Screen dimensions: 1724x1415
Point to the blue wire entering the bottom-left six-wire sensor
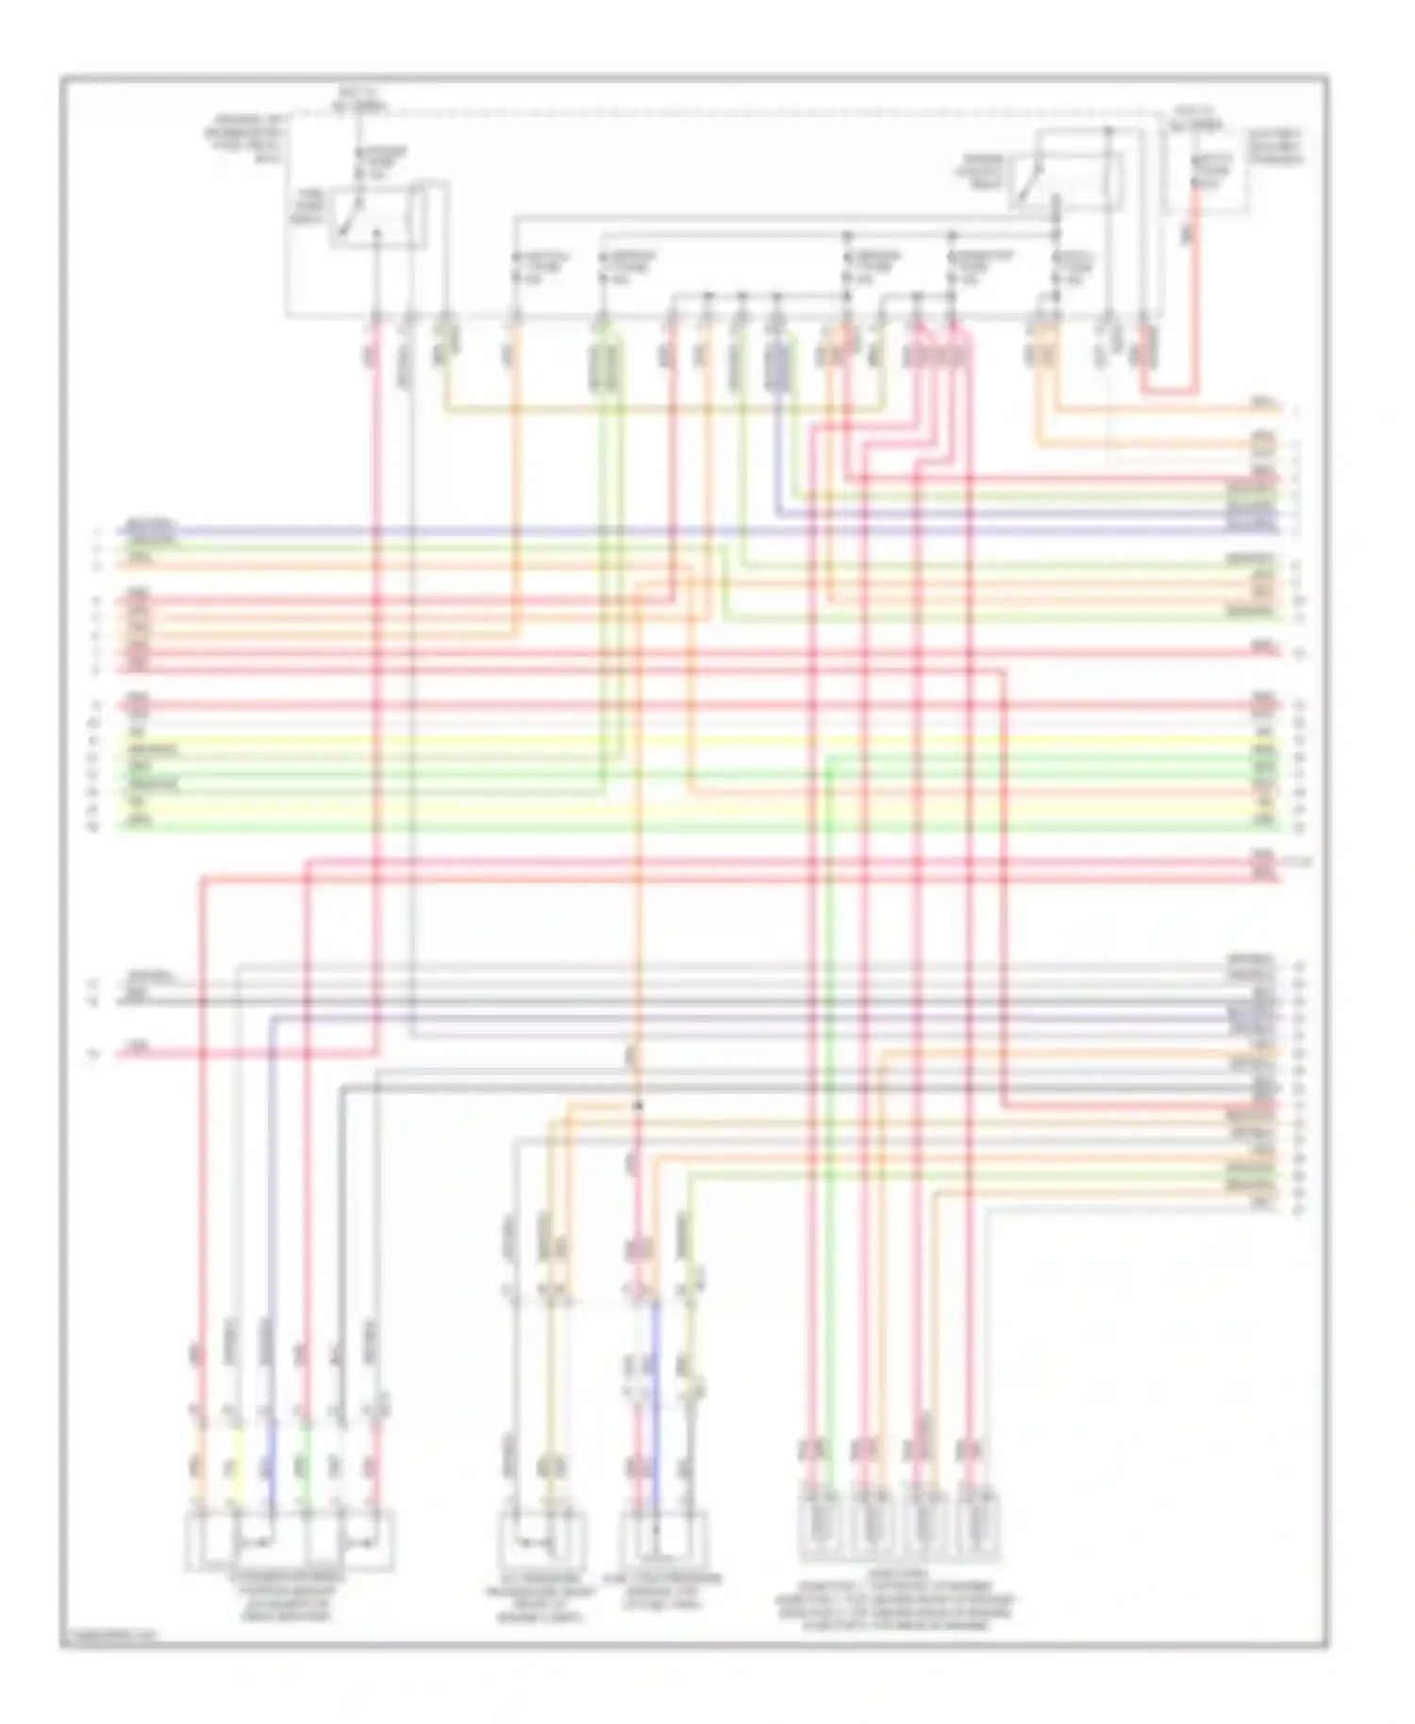pyautogui.click(x=271, y=1471)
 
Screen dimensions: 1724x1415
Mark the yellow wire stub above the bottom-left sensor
pyautogui.click(x=236, y=1443)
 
